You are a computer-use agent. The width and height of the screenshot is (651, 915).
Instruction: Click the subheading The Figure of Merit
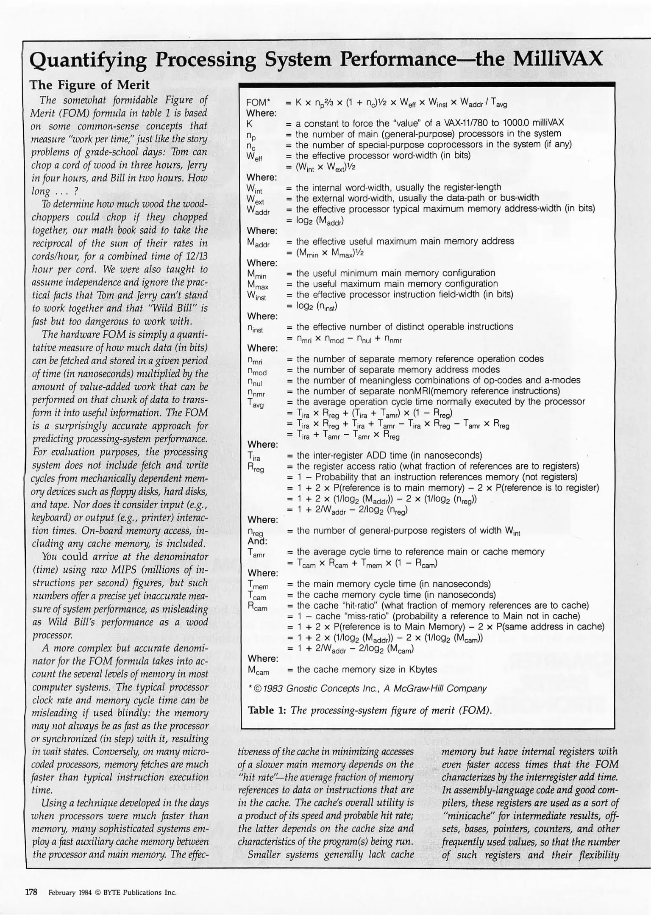(89, 85)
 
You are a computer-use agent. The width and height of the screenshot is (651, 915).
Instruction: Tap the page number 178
(31, 893)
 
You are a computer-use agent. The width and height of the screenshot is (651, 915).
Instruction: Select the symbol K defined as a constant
(250, 124)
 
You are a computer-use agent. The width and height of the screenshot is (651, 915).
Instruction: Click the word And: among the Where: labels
(257, 541)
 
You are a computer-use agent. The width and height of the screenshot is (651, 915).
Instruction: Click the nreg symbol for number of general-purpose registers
(256, 532)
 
